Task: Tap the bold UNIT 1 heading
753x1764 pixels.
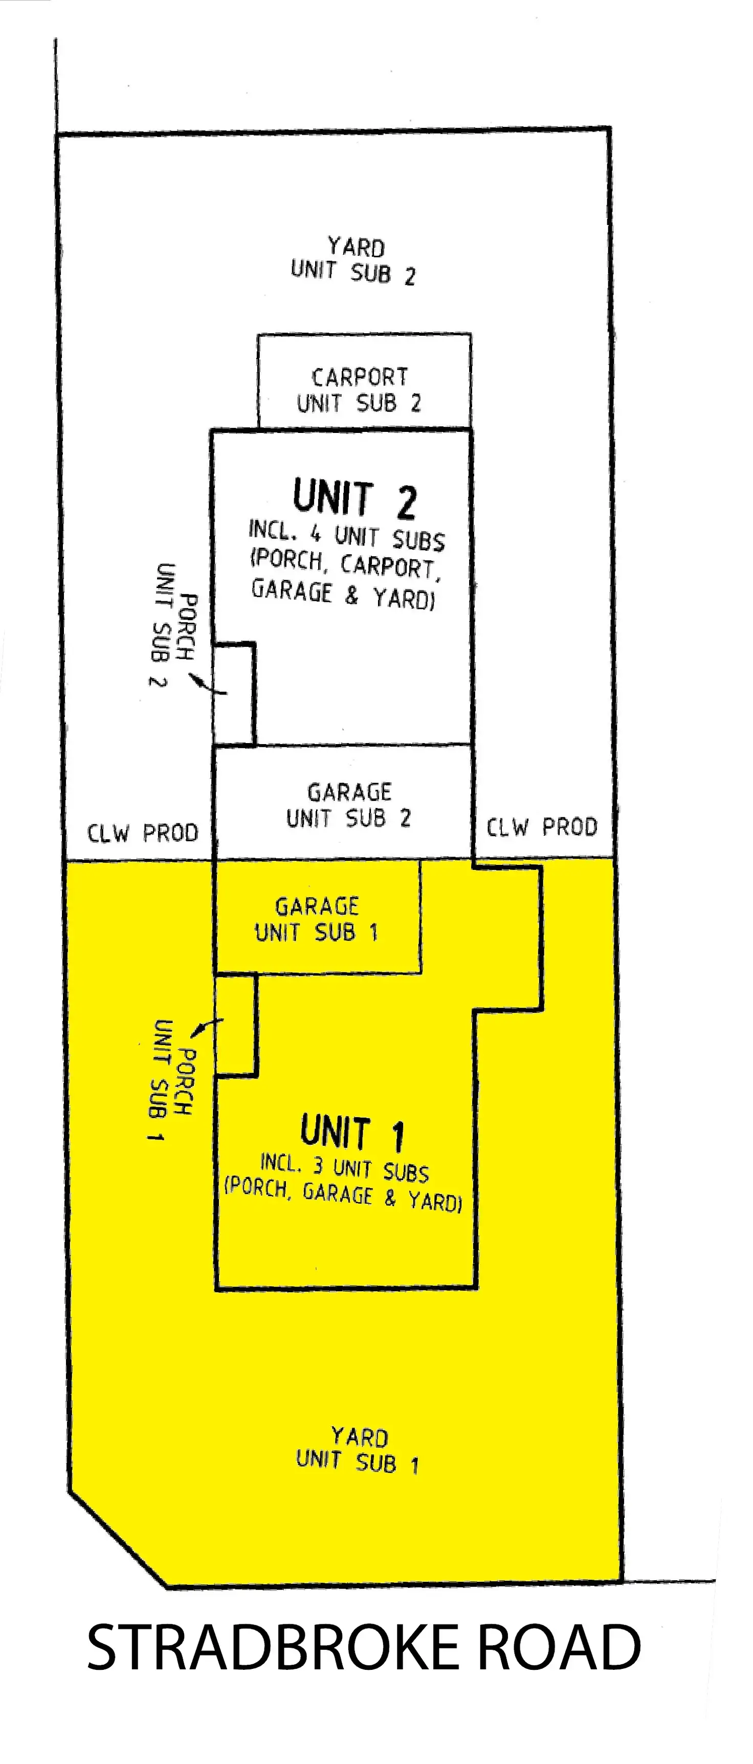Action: pyautogui.click(x=352, y=1132)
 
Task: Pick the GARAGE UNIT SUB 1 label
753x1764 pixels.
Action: pyautogui.click(x=316, y=920)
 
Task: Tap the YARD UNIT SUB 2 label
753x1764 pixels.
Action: pyautogui.click(x=353, y=261)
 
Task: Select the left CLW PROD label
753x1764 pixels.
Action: pyautogui.click(x=142, y=833)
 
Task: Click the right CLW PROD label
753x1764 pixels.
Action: pyautogui.click(x=542, y=827)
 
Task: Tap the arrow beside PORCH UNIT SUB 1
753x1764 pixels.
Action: pyautogui.click(x=207, y=1027)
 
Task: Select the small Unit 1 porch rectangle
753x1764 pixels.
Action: pyautogui.click(x=235, y=1025)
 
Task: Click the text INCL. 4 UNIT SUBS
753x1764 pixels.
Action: pyautogui.click(x=346, y=535)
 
